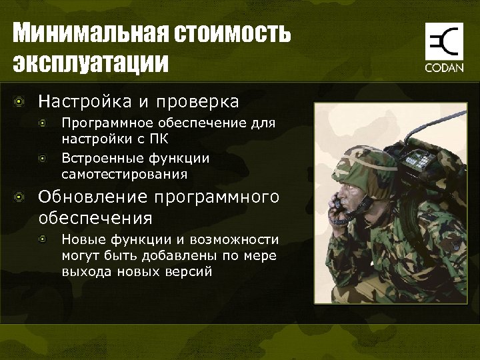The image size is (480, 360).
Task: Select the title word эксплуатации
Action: click(x=91, y=64)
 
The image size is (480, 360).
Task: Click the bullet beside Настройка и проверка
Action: click(x=21, y=102)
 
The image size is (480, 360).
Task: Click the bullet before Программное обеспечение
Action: click(x=43, y=123)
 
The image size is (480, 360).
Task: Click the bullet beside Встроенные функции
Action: click(x=43, y=159)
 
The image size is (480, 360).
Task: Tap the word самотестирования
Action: click(x=124, y=175)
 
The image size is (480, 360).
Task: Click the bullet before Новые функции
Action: click(x=43, y=239)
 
